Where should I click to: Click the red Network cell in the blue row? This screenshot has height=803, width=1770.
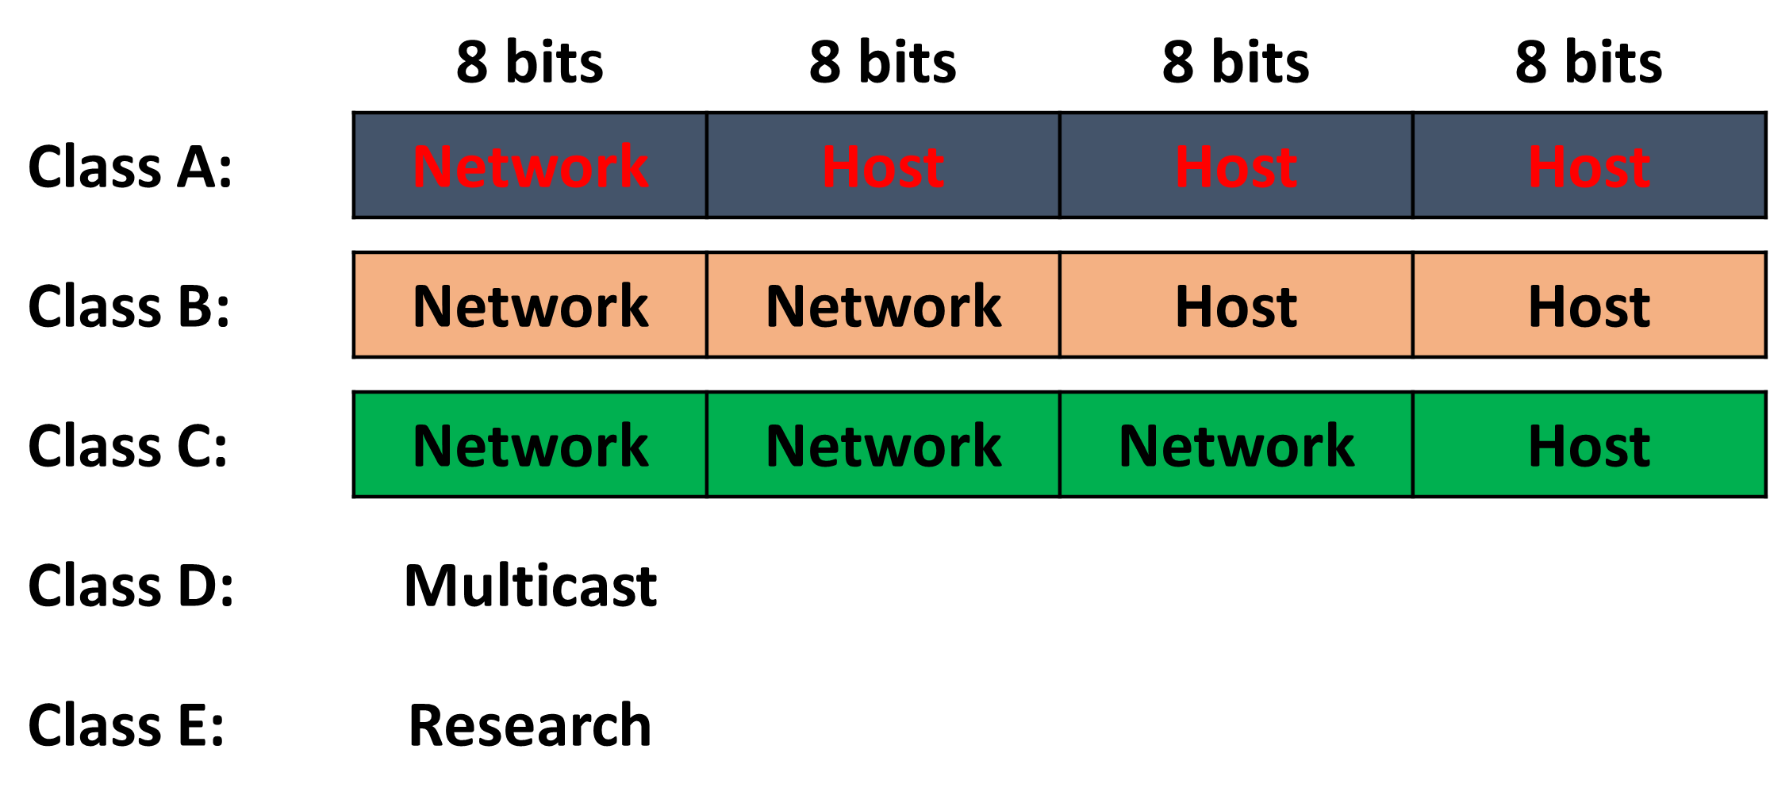[530, 165]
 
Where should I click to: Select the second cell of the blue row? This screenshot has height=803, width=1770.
[883, 165]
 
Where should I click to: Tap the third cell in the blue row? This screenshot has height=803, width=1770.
[1236, 165]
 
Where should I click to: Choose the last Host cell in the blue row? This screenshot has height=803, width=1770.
[1589, 165]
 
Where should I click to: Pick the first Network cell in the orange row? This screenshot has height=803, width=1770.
[530, 305]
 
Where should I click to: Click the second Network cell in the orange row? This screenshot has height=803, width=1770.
[883, 305]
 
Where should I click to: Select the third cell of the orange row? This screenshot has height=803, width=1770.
[1236, 305]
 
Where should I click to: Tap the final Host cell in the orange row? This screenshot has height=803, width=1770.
[1589, 305]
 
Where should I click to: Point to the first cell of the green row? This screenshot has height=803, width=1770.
[530, 444]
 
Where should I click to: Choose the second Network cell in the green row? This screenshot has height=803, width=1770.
[883, 444]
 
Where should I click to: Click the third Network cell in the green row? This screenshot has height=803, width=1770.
[1236, 444]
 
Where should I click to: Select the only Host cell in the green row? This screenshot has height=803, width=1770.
[1589, 444]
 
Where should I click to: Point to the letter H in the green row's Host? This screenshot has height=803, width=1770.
[1547, 446]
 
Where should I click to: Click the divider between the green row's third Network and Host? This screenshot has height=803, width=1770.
[1413, 444]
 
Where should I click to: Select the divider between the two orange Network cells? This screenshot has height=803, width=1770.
[707, 305]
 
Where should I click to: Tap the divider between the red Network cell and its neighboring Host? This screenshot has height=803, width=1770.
[707, 165]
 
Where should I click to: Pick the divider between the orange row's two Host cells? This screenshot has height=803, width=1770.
[1413, 305]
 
